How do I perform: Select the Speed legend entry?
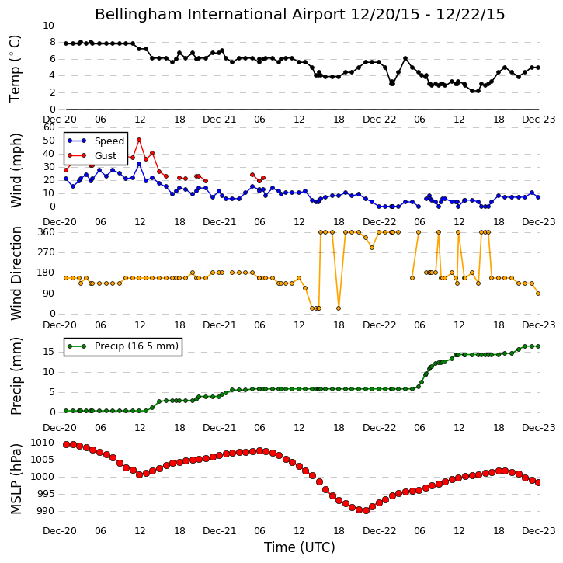click(x=96, y=141)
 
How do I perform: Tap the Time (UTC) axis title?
click(x=300, y=547)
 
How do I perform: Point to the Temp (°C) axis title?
click(x=15, y=68)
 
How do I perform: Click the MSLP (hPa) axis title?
click(x=16, y=478)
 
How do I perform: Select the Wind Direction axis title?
click(x=16, y=273)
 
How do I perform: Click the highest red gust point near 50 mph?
click(x=139, y=140)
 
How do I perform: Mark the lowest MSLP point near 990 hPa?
click(x=366, y=510)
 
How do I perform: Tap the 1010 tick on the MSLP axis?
click(x=42, y=443)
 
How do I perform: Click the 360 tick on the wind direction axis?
click(x=47, y=232)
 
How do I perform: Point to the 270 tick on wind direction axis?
click(x=47, y=252)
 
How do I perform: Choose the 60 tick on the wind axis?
click(x=49, y=127)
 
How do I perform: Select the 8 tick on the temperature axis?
click(x=53, y=42)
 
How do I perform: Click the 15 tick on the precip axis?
click(x=49, y=352)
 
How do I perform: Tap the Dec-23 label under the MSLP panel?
click(x=538, y=530)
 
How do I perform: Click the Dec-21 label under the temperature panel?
click(x=220, y=120)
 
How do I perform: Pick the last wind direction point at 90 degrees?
click(x=538, y=294)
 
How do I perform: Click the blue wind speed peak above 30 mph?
click(x=139, y=164)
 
